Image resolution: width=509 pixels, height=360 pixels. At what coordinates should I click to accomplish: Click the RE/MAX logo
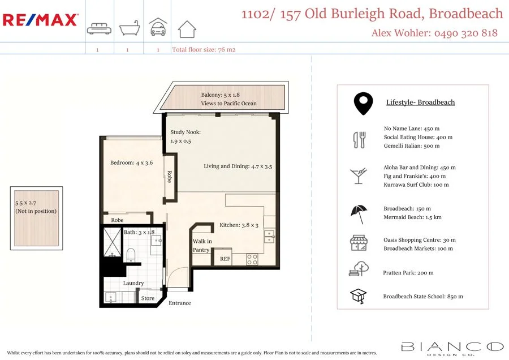pos(40,20)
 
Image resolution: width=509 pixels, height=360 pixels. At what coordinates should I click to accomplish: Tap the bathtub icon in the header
pos(128,28)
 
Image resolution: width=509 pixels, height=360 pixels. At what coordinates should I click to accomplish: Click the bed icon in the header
pos(99,29)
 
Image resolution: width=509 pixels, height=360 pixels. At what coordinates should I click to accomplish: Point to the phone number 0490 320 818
pos(466,33)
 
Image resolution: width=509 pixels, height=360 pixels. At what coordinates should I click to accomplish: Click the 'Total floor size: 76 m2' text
pos(204,50)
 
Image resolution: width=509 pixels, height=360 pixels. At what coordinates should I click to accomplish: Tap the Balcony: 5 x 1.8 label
pos(228,95)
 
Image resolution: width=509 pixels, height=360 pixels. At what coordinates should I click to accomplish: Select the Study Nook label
pos(186,132)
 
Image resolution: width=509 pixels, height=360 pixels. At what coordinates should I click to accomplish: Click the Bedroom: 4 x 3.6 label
pos(131,163)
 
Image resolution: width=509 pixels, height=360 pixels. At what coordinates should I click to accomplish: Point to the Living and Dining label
pos(238,166)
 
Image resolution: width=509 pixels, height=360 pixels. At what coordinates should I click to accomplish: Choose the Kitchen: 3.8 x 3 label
pos(239,225)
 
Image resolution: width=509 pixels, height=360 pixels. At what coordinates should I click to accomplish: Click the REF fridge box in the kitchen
pos(225,259)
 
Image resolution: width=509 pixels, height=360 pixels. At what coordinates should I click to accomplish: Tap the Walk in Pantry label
pos(202,246)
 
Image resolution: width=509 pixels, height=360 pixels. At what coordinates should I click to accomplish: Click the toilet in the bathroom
pos(131,255)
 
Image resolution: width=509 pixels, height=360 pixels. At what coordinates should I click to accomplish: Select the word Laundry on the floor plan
pos(133,283)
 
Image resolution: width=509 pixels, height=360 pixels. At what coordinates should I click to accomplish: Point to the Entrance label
pos(180,303)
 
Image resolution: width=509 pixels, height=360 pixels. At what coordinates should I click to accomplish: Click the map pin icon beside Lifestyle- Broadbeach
pos(363,103)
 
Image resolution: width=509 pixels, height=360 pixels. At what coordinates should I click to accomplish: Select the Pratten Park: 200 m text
pos(408,273)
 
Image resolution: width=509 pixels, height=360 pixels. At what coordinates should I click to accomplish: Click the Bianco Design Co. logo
pos(452,348)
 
